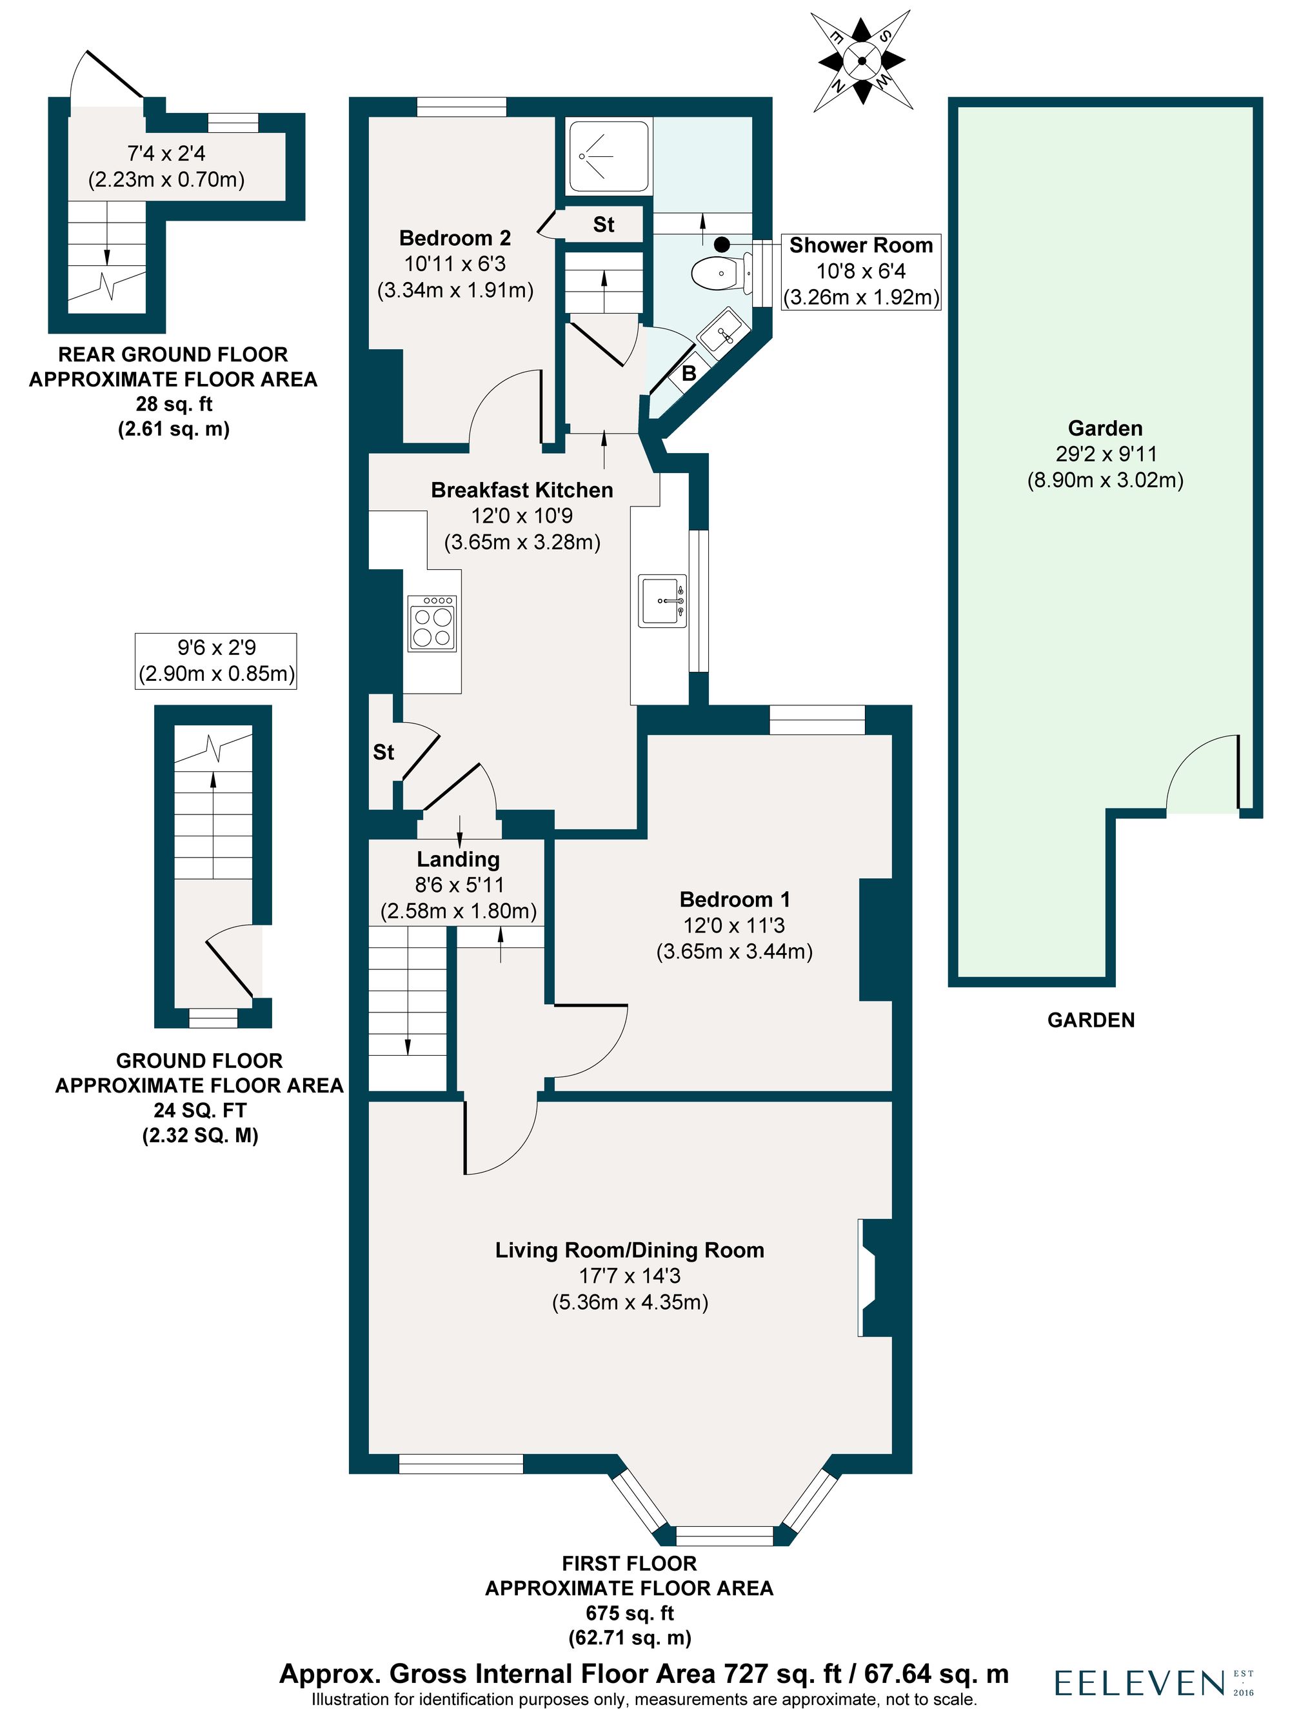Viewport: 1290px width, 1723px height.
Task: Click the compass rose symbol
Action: coord(860,60)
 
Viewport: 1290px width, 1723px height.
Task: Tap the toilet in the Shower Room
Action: coord(716,272)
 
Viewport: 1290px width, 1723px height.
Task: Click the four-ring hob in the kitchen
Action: coord(432,623)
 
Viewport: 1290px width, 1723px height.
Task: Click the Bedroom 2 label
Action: coord(455,237)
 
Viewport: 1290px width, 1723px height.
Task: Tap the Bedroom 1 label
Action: coord(734,899)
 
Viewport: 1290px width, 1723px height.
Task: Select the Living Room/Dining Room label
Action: coord(629,1250)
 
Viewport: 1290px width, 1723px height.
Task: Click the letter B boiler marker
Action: coord(688,373)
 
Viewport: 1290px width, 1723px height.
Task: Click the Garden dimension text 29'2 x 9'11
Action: coord(1105,454)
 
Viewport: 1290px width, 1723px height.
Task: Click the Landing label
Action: coord(458,859)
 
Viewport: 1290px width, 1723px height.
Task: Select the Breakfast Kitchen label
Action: coord(522,490)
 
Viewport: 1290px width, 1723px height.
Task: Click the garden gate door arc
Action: coord(1199,775)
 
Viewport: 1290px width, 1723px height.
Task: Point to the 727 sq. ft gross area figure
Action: coord(782,1673)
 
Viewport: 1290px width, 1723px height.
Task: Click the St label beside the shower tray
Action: coord(603,225)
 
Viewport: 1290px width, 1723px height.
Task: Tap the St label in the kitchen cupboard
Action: coord(383,752)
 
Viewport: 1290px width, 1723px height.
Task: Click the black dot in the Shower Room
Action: coord(722,244)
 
